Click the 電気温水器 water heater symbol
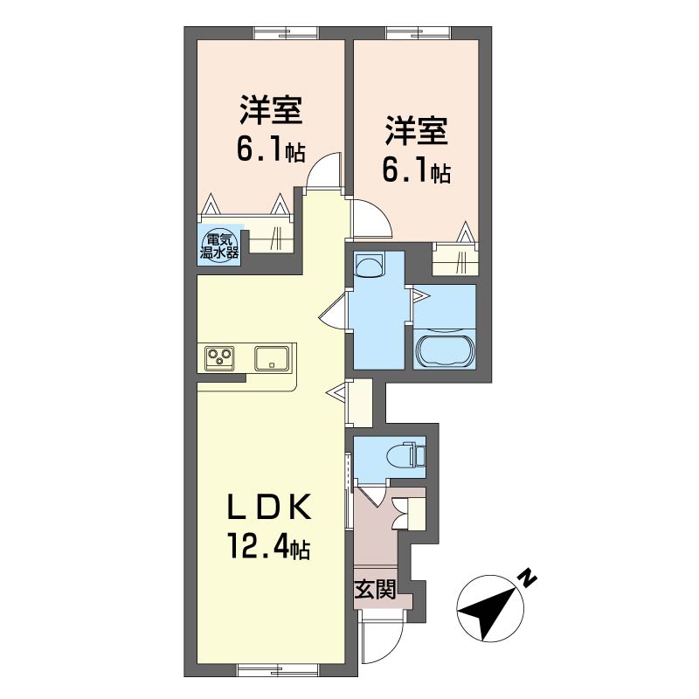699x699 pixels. pyautogui.click(x=219, y=246)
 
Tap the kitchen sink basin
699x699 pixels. pyautogui.click(x=272, y=358)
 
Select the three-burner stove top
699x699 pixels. pyautogui.click(x=219, y=358)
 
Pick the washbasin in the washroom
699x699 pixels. pyautogui.click(x=369, y=266)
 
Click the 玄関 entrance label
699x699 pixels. pyautogui.click(x=375, y=591)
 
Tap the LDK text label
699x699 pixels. pyautogui.click(x=269, y=507)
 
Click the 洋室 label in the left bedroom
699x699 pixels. pyautogui.click(x=271, y=110)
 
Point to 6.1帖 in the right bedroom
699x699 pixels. pyautogui.click(x=417, y=169)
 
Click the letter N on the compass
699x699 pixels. pyautogui.click(x=528, y=578)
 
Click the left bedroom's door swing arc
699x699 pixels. pyautogui.click(x=324, y=170)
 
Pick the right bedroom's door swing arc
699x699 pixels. pyautogui.click(x=371, y=219)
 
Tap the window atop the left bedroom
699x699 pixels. pyautogui.click(x=287, y=33)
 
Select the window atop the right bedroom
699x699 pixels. pyautogui.click(x=419, y=33)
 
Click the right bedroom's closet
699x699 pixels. pyautogui.click(x=455, y=259)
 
